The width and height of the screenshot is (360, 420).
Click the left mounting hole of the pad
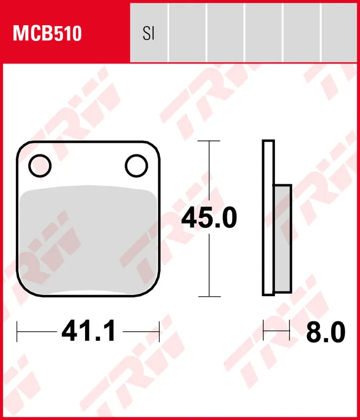pyautogui.click(x=40, y=166)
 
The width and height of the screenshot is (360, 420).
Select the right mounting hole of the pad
pyautogui.click(x=136, y=165)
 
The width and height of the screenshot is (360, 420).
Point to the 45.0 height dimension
pyautogui.click(x=209, y=218)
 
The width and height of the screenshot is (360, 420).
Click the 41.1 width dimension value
pyautogui.click(x=88, y=332)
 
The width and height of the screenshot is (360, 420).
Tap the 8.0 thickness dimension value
pyautogui.click(x=325, y=332)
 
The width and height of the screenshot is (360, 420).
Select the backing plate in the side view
pyautogui.click(x=268, y=218)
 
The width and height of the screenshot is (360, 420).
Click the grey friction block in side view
pyautogui.click(x=283, y=239)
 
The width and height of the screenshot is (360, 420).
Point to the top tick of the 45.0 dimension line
pyautogui.click(x=210, y=141)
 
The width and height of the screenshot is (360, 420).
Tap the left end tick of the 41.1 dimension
pyautogui.click(x=18, y=332)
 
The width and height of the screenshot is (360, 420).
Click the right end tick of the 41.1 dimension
pyautogui.click(x=159, y=332)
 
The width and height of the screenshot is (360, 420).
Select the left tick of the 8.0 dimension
pyautogui.click(x=263, y=332)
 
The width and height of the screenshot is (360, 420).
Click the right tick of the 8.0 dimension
pyautogui.click(x=290, y=332)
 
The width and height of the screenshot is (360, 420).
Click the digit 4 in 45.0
pyautogui.click(x=190, y=218)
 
